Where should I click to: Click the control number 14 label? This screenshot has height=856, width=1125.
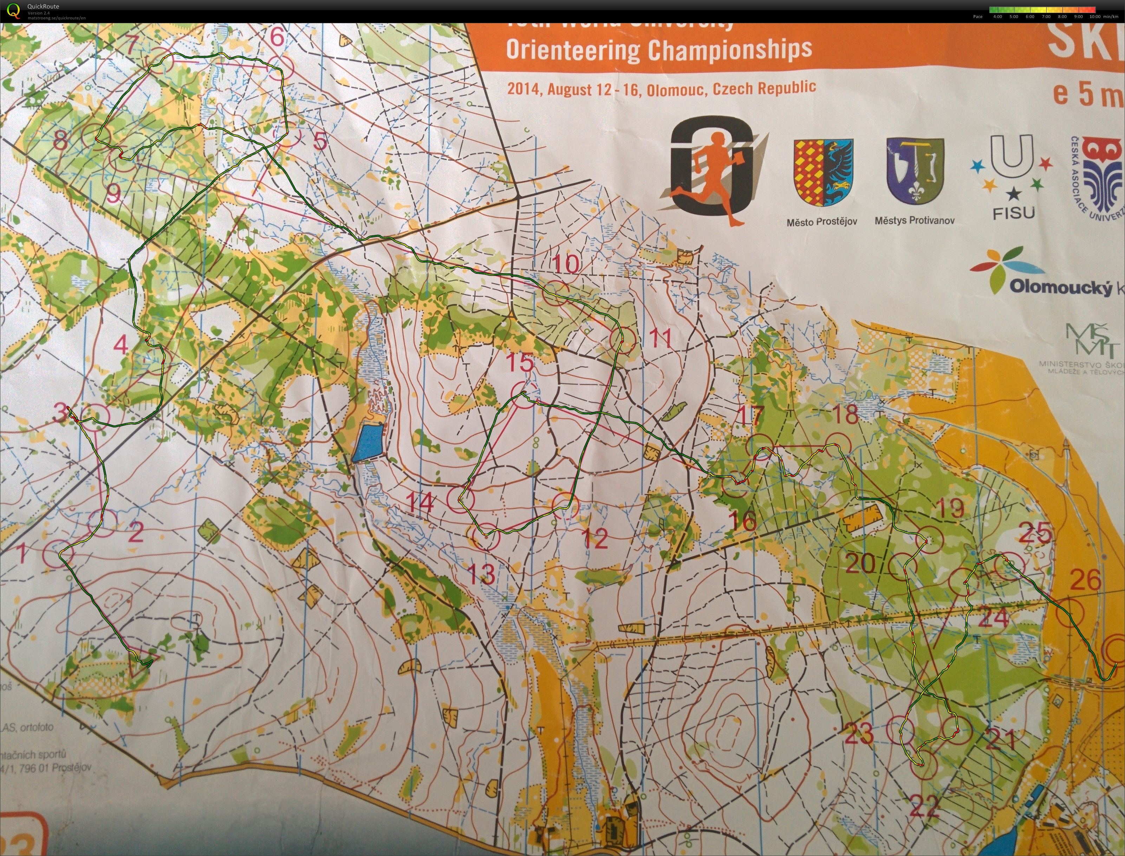coord(421,503)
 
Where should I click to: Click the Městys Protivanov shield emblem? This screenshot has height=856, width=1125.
coord(915,171)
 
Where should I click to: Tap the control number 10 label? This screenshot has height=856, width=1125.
coord(566,264)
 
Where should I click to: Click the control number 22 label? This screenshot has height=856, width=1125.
coord(924,806)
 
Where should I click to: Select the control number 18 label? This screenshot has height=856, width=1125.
coord(845,414)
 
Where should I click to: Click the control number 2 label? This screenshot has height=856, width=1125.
coord(136,533)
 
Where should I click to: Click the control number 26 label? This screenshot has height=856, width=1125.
coord(1085,580)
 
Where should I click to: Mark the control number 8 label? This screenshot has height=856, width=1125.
coord(60,140)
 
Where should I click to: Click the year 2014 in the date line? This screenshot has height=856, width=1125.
coord(523,89)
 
